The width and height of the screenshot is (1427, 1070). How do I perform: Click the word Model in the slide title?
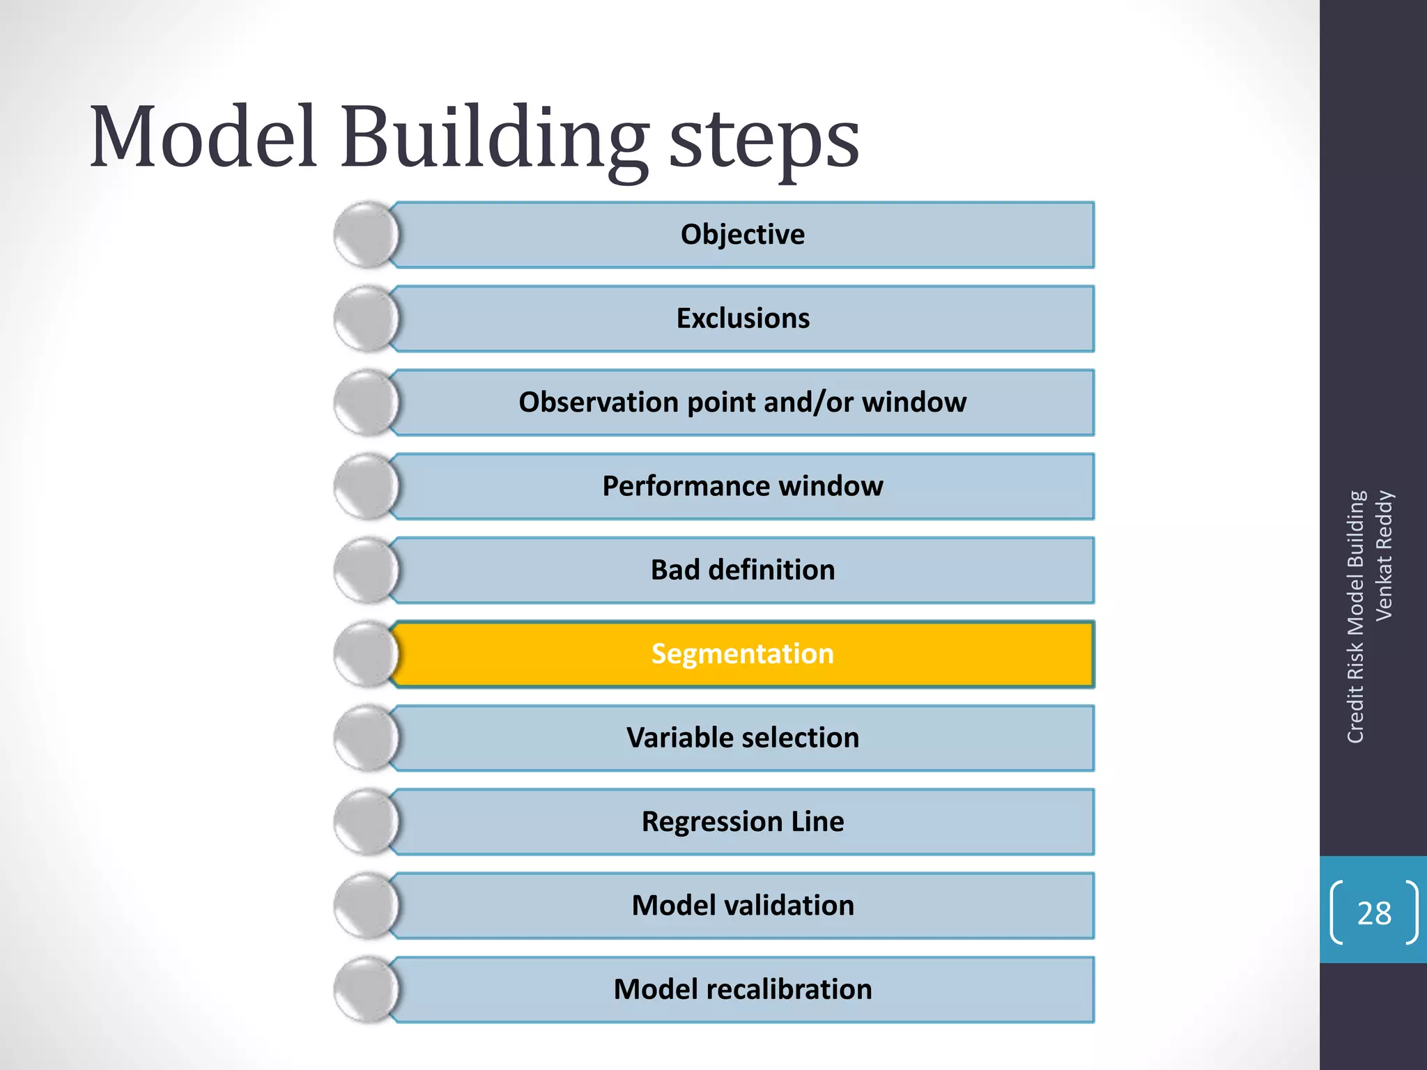[x=203, y=137]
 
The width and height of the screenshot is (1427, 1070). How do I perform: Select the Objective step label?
[x=742, y=235]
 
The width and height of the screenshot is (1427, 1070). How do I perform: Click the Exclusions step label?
[x=743, y=318]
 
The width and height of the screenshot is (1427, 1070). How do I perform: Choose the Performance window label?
[x=743, y=486]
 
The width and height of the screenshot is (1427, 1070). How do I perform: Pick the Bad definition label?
[x=743, y=570]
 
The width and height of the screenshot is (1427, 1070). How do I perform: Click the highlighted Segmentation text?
[x=743, y=654]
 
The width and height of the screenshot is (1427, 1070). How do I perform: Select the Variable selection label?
[x=743, y=738]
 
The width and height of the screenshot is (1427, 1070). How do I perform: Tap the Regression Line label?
[x=743, y=822]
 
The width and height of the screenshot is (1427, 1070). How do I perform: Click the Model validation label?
[x=743, y=906]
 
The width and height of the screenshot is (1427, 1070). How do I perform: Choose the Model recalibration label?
[x=743, y=989]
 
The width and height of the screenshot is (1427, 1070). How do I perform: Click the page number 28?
[x=1374, y=913]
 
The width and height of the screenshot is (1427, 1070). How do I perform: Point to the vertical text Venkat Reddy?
[x=1384, y=556]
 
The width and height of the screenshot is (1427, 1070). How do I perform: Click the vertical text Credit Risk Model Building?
[x=1355, y=617]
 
